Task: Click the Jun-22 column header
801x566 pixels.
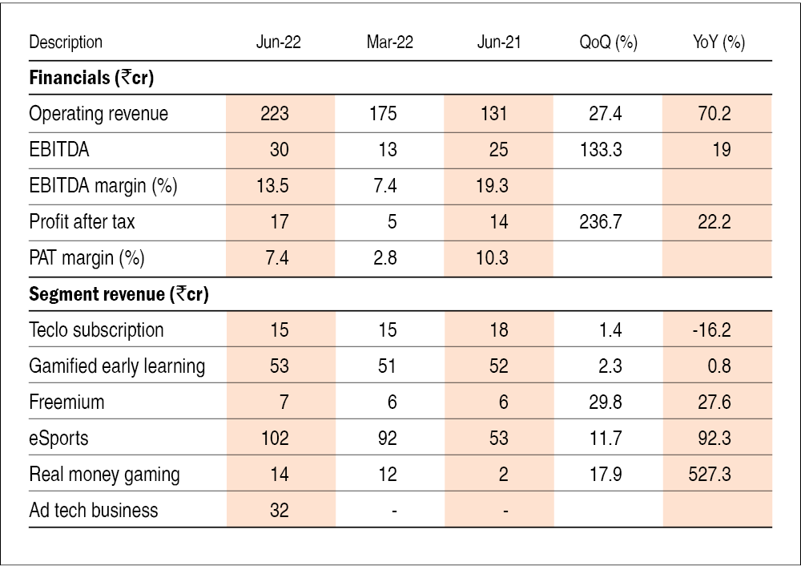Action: tap(278, 42)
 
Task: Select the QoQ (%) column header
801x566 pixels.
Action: tap(608, 42)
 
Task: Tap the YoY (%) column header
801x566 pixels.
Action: tap(718, 42)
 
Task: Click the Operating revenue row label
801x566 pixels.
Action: tap(99, 114)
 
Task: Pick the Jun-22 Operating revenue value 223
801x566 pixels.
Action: tap(275, 114)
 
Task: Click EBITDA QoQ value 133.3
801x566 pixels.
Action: tap(601, 150)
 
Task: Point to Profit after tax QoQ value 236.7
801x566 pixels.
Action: tap(601, 222)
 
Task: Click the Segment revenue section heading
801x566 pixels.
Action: tap(119, 294)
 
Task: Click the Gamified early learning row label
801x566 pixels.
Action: tap(117, 366)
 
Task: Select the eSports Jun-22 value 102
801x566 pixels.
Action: tap(275, 439)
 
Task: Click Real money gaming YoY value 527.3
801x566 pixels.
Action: tap(709, 475)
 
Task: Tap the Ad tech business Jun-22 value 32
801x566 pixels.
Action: tap(279, 511)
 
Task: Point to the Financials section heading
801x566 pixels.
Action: tap(91, 78)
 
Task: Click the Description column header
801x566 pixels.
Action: tap(66, 42)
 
